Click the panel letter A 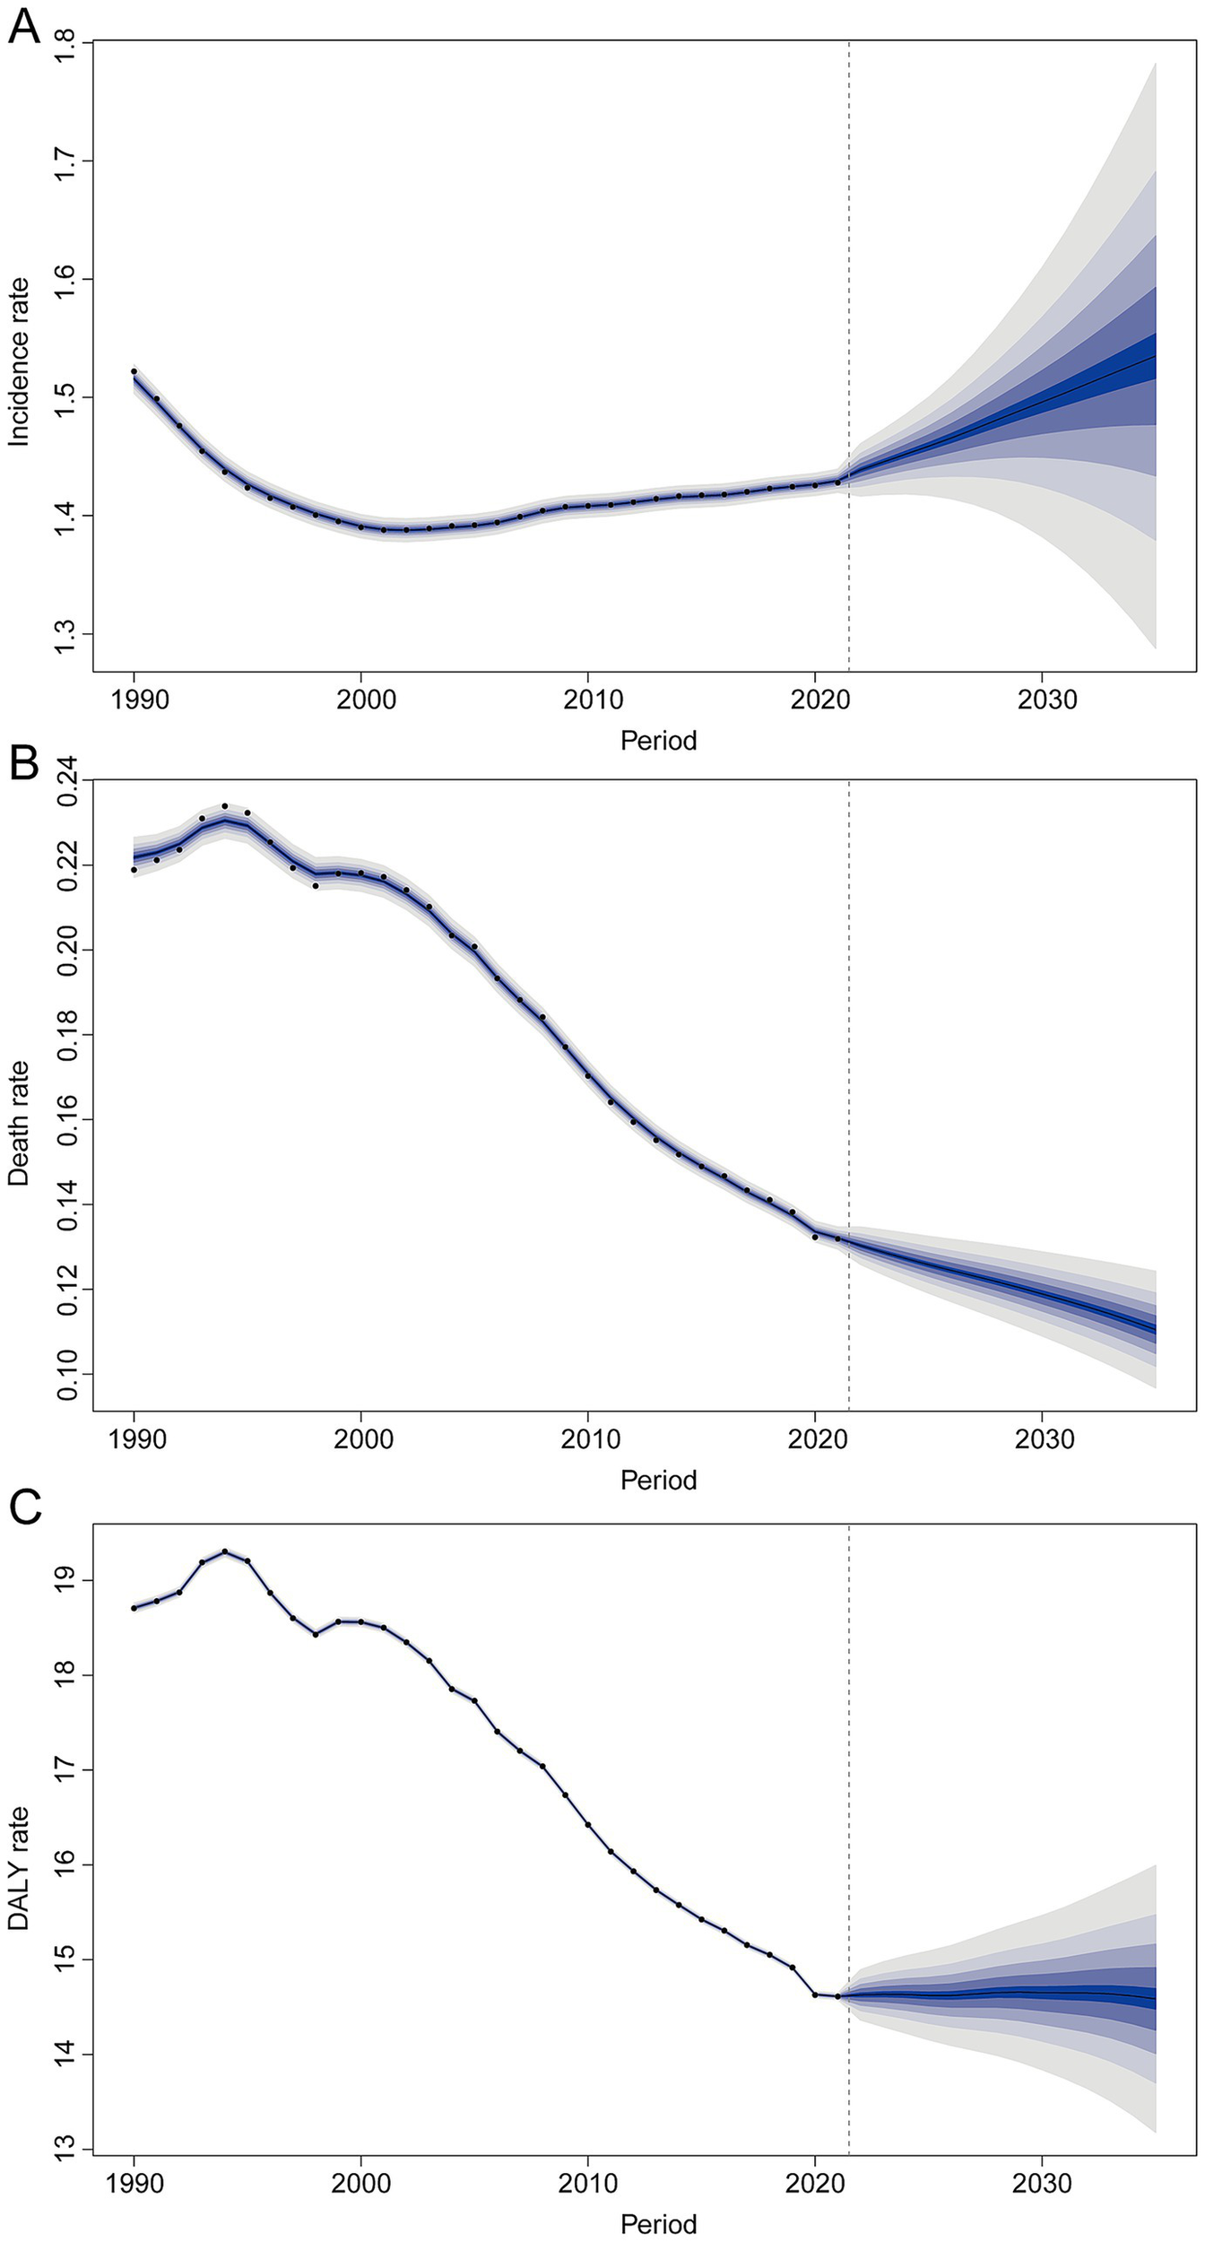click(x=23, y=27)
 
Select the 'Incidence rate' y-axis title click(x=20, y=361)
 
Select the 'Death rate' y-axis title click(x=20, y=1124)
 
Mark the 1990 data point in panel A click(x=134, y=371)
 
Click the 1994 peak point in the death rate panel click(x=225, y=806)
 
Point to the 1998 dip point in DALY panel click(x=316, y=1634)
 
